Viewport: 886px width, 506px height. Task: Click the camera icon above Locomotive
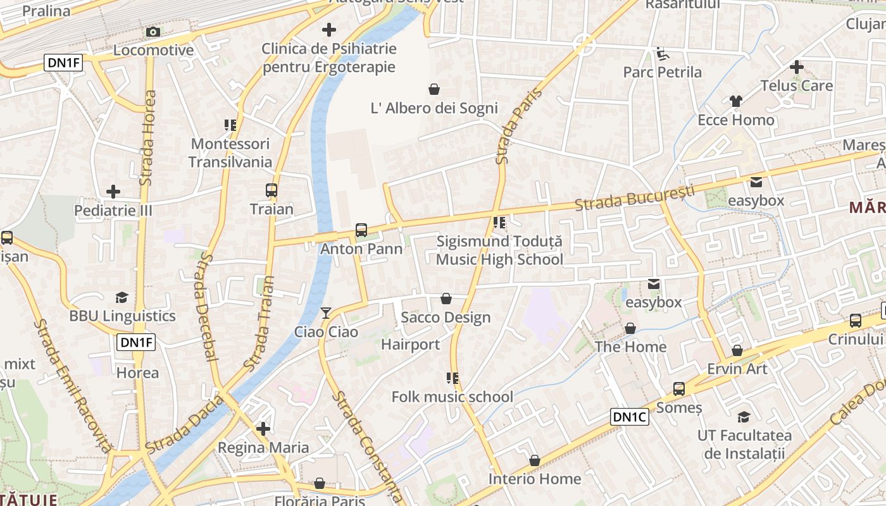pyautogui.click(x=153, y=32)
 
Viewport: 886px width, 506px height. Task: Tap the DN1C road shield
pyautogui.click(x=630, y=417)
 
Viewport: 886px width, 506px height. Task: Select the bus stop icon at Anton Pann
pyautogui.click(x=361, y=230)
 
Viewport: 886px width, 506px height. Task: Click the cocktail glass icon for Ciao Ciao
pyautogui.click(x=326, y=312)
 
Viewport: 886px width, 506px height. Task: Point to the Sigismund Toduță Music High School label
pyautogui.click(x=499, y=250)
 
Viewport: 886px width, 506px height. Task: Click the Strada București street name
pyautogui.click(x=635, y=197)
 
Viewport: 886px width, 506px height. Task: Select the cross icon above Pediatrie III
pyautogui.click(x=113, y=191)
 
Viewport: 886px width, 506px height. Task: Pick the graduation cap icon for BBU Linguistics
pyautogui.click(x=122, y=297)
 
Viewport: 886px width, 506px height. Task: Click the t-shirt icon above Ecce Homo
pyautogui.click(x=735, y=101)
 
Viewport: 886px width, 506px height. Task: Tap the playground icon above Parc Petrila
pyautogui.click(x=662, y=54)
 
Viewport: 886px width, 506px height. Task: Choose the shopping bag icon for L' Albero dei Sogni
pyautogui.click(x=434, y=89)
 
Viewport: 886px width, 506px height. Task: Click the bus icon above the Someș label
pyautogui.click(x=679, y=388)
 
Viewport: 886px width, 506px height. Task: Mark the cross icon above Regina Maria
pyautogui.click(x=263, y=429)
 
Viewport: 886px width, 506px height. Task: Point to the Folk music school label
pyautogui.click(x=452, y=397)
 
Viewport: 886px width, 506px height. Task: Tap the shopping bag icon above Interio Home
pyautogui.click(x=535, y=460)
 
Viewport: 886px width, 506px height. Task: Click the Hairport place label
pyautogui.click(x=410, y=345)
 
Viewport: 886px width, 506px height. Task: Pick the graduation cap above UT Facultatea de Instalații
pyautogui.click(x=744, y=417)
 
